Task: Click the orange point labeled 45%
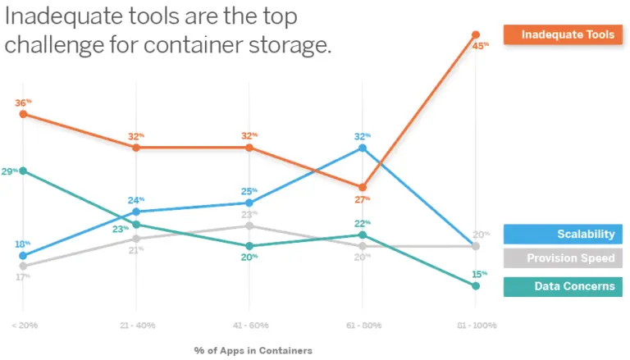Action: [x=475, y=34]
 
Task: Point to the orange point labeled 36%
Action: [x=24, y=114]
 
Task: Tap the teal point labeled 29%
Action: [x=24, y=171]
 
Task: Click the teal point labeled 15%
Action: [x=475, y=285]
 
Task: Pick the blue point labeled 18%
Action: [x=24, y=256]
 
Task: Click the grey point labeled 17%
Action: [x=24, y=266]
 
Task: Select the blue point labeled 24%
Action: [x=136, y=212]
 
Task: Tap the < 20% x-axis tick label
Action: [x=24, y=326]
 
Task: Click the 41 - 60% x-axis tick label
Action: [x=249, y=326]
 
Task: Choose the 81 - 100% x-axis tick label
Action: [x=475, y=326]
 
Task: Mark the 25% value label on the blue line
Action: [x=249, y=191]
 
